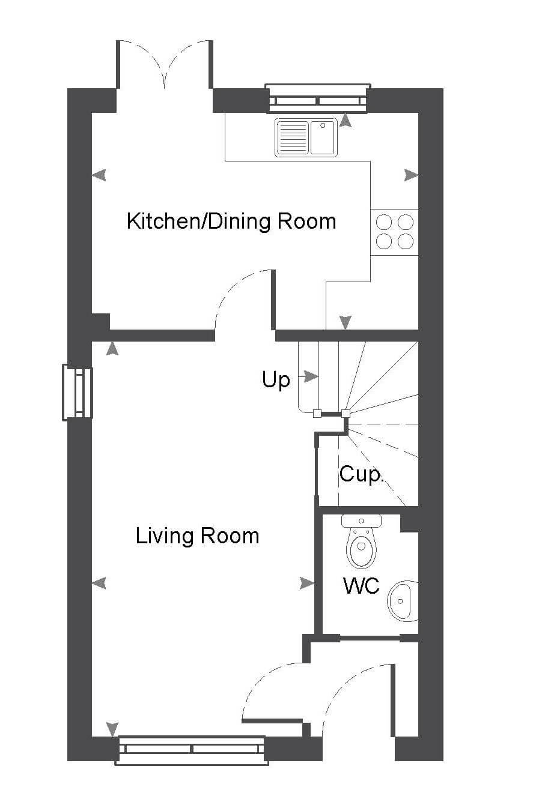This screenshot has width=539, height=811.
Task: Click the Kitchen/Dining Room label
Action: (x=231, y=222)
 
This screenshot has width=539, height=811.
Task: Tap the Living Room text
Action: (x=197, y=536)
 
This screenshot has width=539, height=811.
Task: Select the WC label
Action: (x=361, y=585)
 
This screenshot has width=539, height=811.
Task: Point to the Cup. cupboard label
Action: (x=361, y=474)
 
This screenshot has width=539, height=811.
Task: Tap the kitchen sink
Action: (x=306, y=137)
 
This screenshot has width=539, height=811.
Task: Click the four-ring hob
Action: (x=394, y=232)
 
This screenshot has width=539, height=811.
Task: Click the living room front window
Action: (x=192, y=750)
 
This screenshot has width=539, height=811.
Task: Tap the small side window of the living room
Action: (x=77, y=393)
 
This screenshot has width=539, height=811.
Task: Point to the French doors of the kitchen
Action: (x=164, y=64)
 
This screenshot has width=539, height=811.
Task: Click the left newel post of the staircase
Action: (x=317, y=414)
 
